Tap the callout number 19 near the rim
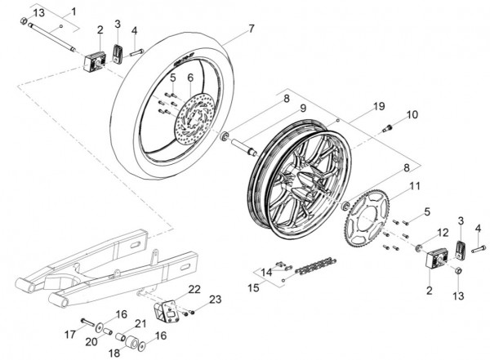coord(379,106)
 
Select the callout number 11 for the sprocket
coord(415,185)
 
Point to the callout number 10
coord(412,114)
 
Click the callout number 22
coord(194,289)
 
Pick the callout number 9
coord(302,108)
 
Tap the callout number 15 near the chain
coord(253,288)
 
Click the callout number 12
coord(443,233)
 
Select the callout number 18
coord(114,353)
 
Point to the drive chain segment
coord(316,266)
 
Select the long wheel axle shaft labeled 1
coord(51,37)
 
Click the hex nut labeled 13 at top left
coord(24,21)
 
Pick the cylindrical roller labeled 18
coord(131,343)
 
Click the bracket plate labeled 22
coord(166,310)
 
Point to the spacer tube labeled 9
coord(244,147)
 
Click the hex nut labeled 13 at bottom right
coord(457,271)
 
